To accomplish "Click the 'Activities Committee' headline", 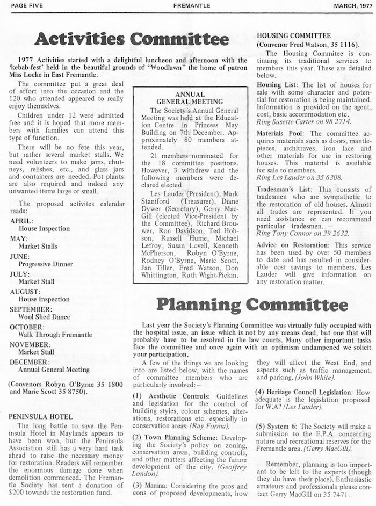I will tap(132, 39).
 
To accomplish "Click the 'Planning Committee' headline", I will tap(251, 305).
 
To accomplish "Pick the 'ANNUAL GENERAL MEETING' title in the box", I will tap(190, 97).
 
